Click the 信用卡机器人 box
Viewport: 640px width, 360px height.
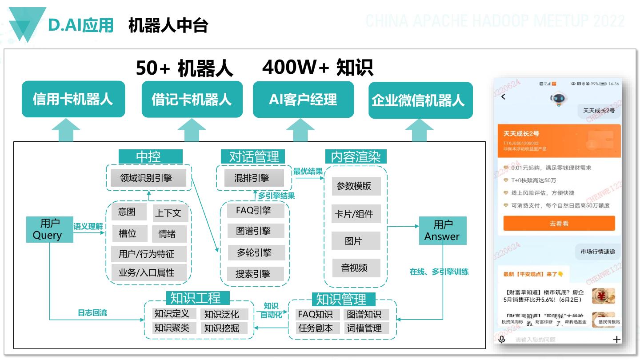click(73, 99)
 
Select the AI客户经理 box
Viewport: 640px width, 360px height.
click(303, 100)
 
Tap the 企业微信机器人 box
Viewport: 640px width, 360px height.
click(420, 100)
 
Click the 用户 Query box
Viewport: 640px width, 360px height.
click(49, 229)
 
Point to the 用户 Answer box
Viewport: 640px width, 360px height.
click(443, 231)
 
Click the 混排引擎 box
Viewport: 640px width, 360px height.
click(252, 178)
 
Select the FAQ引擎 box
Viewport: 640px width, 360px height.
click(253, 210)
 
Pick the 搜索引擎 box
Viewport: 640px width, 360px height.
click(253, 274)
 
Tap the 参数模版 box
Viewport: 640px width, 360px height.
click(354, 186)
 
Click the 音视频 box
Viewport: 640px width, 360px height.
click(355, 268)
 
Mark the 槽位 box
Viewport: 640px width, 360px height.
click(128, 233)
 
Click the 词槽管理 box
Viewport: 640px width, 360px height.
click(364, 328)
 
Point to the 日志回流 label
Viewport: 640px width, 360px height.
click(92, 313)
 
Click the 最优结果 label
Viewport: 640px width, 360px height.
click(308, 171)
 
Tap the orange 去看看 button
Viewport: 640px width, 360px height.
click(559, 224)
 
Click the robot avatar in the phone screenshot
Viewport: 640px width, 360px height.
click(557, 99)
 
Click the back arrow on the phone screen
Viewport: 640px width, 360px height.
click(504, 97)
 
